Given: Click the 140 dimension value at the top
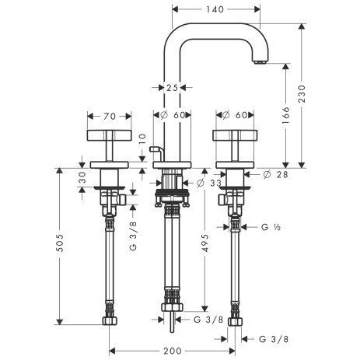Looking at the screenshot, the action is (x=215, y=9).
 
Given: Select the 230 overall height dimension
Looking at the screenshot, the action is (x=302, y=93).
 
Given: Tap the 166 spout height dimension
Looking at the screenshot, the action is (x=285, y=115).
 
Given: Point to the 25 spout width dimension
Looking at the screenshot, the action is (x=172, y=88).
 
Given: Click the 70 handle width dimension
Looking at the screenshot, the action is (x=110, y=117).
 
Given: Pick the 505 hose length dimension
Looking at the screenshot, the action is (x=60, y=243).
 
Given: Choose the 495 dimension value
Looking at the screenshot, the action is (x=204, y=243).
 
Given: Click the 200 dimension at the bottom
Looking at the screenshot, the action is (x=173, y=351).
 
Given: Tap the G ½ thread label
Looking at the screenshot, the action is (x=271, y=227).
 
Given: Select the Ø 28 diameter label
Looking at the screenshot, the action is (x=275, y=175).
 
